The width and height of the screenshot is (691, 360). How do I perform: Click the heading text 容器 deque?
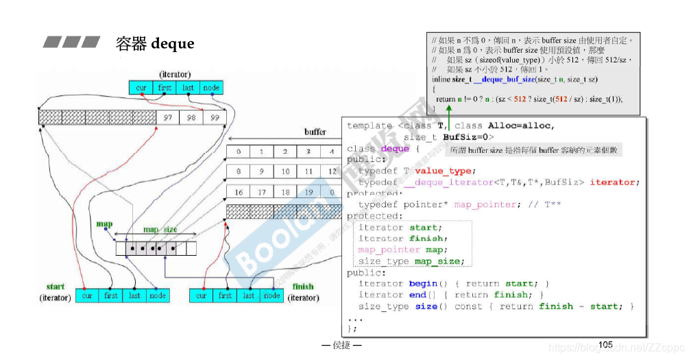pyautogui.click(x=155, y=44)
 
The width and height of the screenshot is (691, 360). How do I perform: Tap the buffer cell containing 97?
pyautogui.click(x=167, y=118)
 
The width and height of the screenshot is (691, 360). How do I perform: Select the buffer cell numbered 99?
pyautogui.click(x=215, y=118)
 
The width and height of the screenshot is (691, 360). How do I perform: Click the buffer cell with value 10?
pyautogui.click(x=286, y=172)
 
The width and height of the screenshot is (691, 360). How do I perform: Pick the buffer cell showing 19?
pyautogui.click(x=309, y=193)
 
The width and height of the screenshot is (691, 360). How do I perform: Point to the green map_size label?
pyautogui.click(x=160, y=230)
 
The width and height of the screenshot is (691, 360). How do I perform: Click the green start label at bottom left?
pyautogui.click(x=56, y=287)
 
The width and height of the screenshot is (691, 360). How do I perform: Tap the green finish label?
pyautogui.click(x=302, y=287)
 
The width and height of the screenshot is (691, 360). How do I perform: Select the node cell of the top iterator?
pyautogui.click(x=211, y=88)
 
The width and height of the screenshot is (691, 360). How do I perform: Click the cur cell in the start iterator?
pyautogui.click(x=87, y=296)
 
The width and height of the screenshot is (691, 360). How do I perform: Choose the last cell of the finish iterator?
pyautogui.click(x=248, y=296)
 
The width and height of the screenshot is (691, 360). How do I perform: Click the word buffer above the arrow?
pyautogui.click(x=315, y=132)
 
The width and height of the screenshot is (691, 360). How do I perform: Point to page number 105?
pyautogui.click(x=605, y=344)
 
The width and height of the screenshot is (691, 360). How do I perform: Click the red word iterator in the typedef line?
pyautogui.click(x=614, y=182)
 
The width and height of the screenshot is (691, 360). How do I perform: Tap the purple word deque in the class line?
pyautogui.click(x=394, y=149)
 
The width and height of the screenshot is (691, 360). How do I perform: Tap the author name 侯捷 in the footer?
pyautogui.click(x=342, y=345)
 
